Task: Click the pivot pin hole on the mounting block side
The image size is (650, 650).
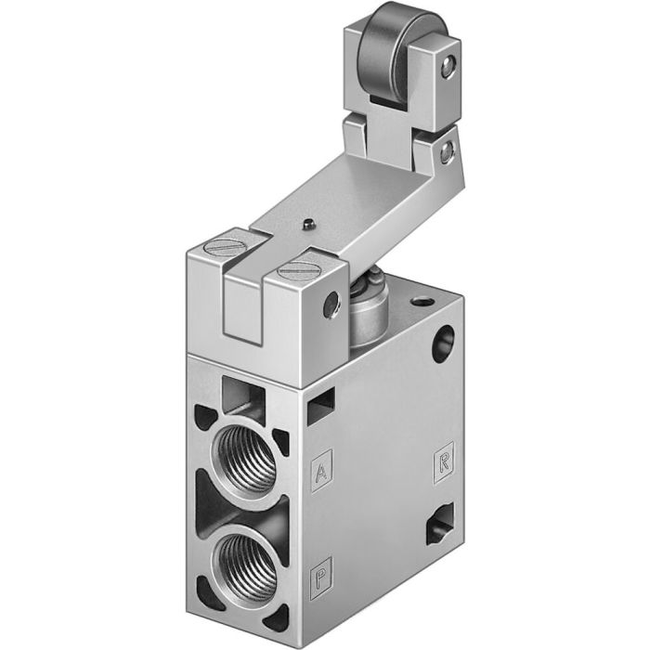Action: pyautogui.click(x=330, y=305)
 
